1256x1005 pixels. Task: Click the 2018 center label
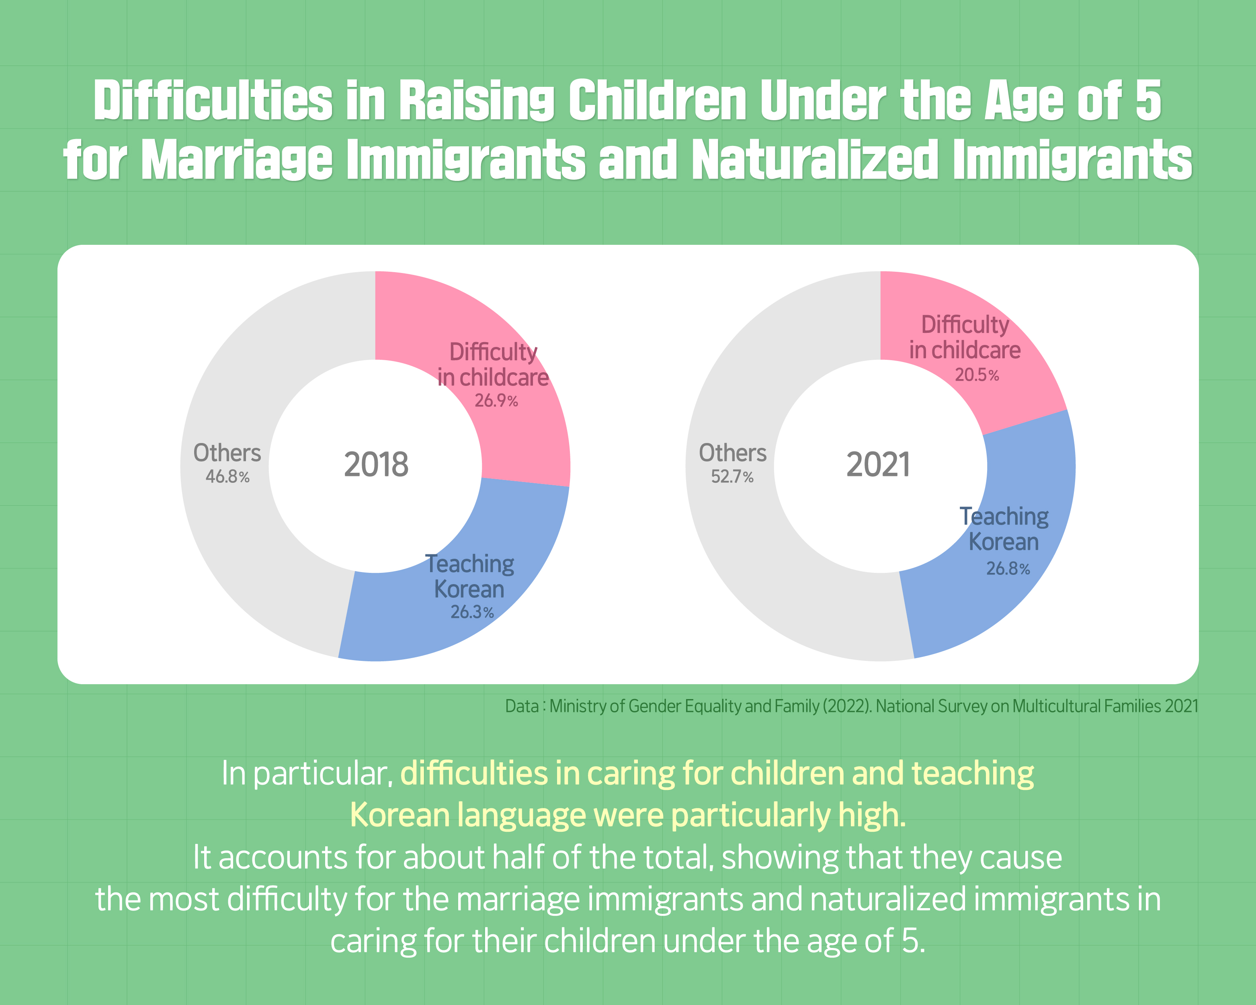coord(376,464)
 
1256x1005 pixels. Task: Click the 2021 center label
coord(878,464)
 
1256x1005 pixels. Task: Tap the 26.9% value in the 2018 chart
coord(496,401)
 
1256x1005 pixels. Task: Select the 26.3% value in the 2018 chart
coord(472,612)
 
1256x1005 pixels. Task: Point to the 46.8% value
coord(227,477)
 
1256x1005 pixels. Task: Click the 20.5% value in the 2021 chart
coord(976,375)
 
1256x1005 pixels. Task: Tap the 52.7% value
coord(732,477)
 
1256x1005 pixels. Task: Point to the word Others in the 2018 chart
coord(227,453)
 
